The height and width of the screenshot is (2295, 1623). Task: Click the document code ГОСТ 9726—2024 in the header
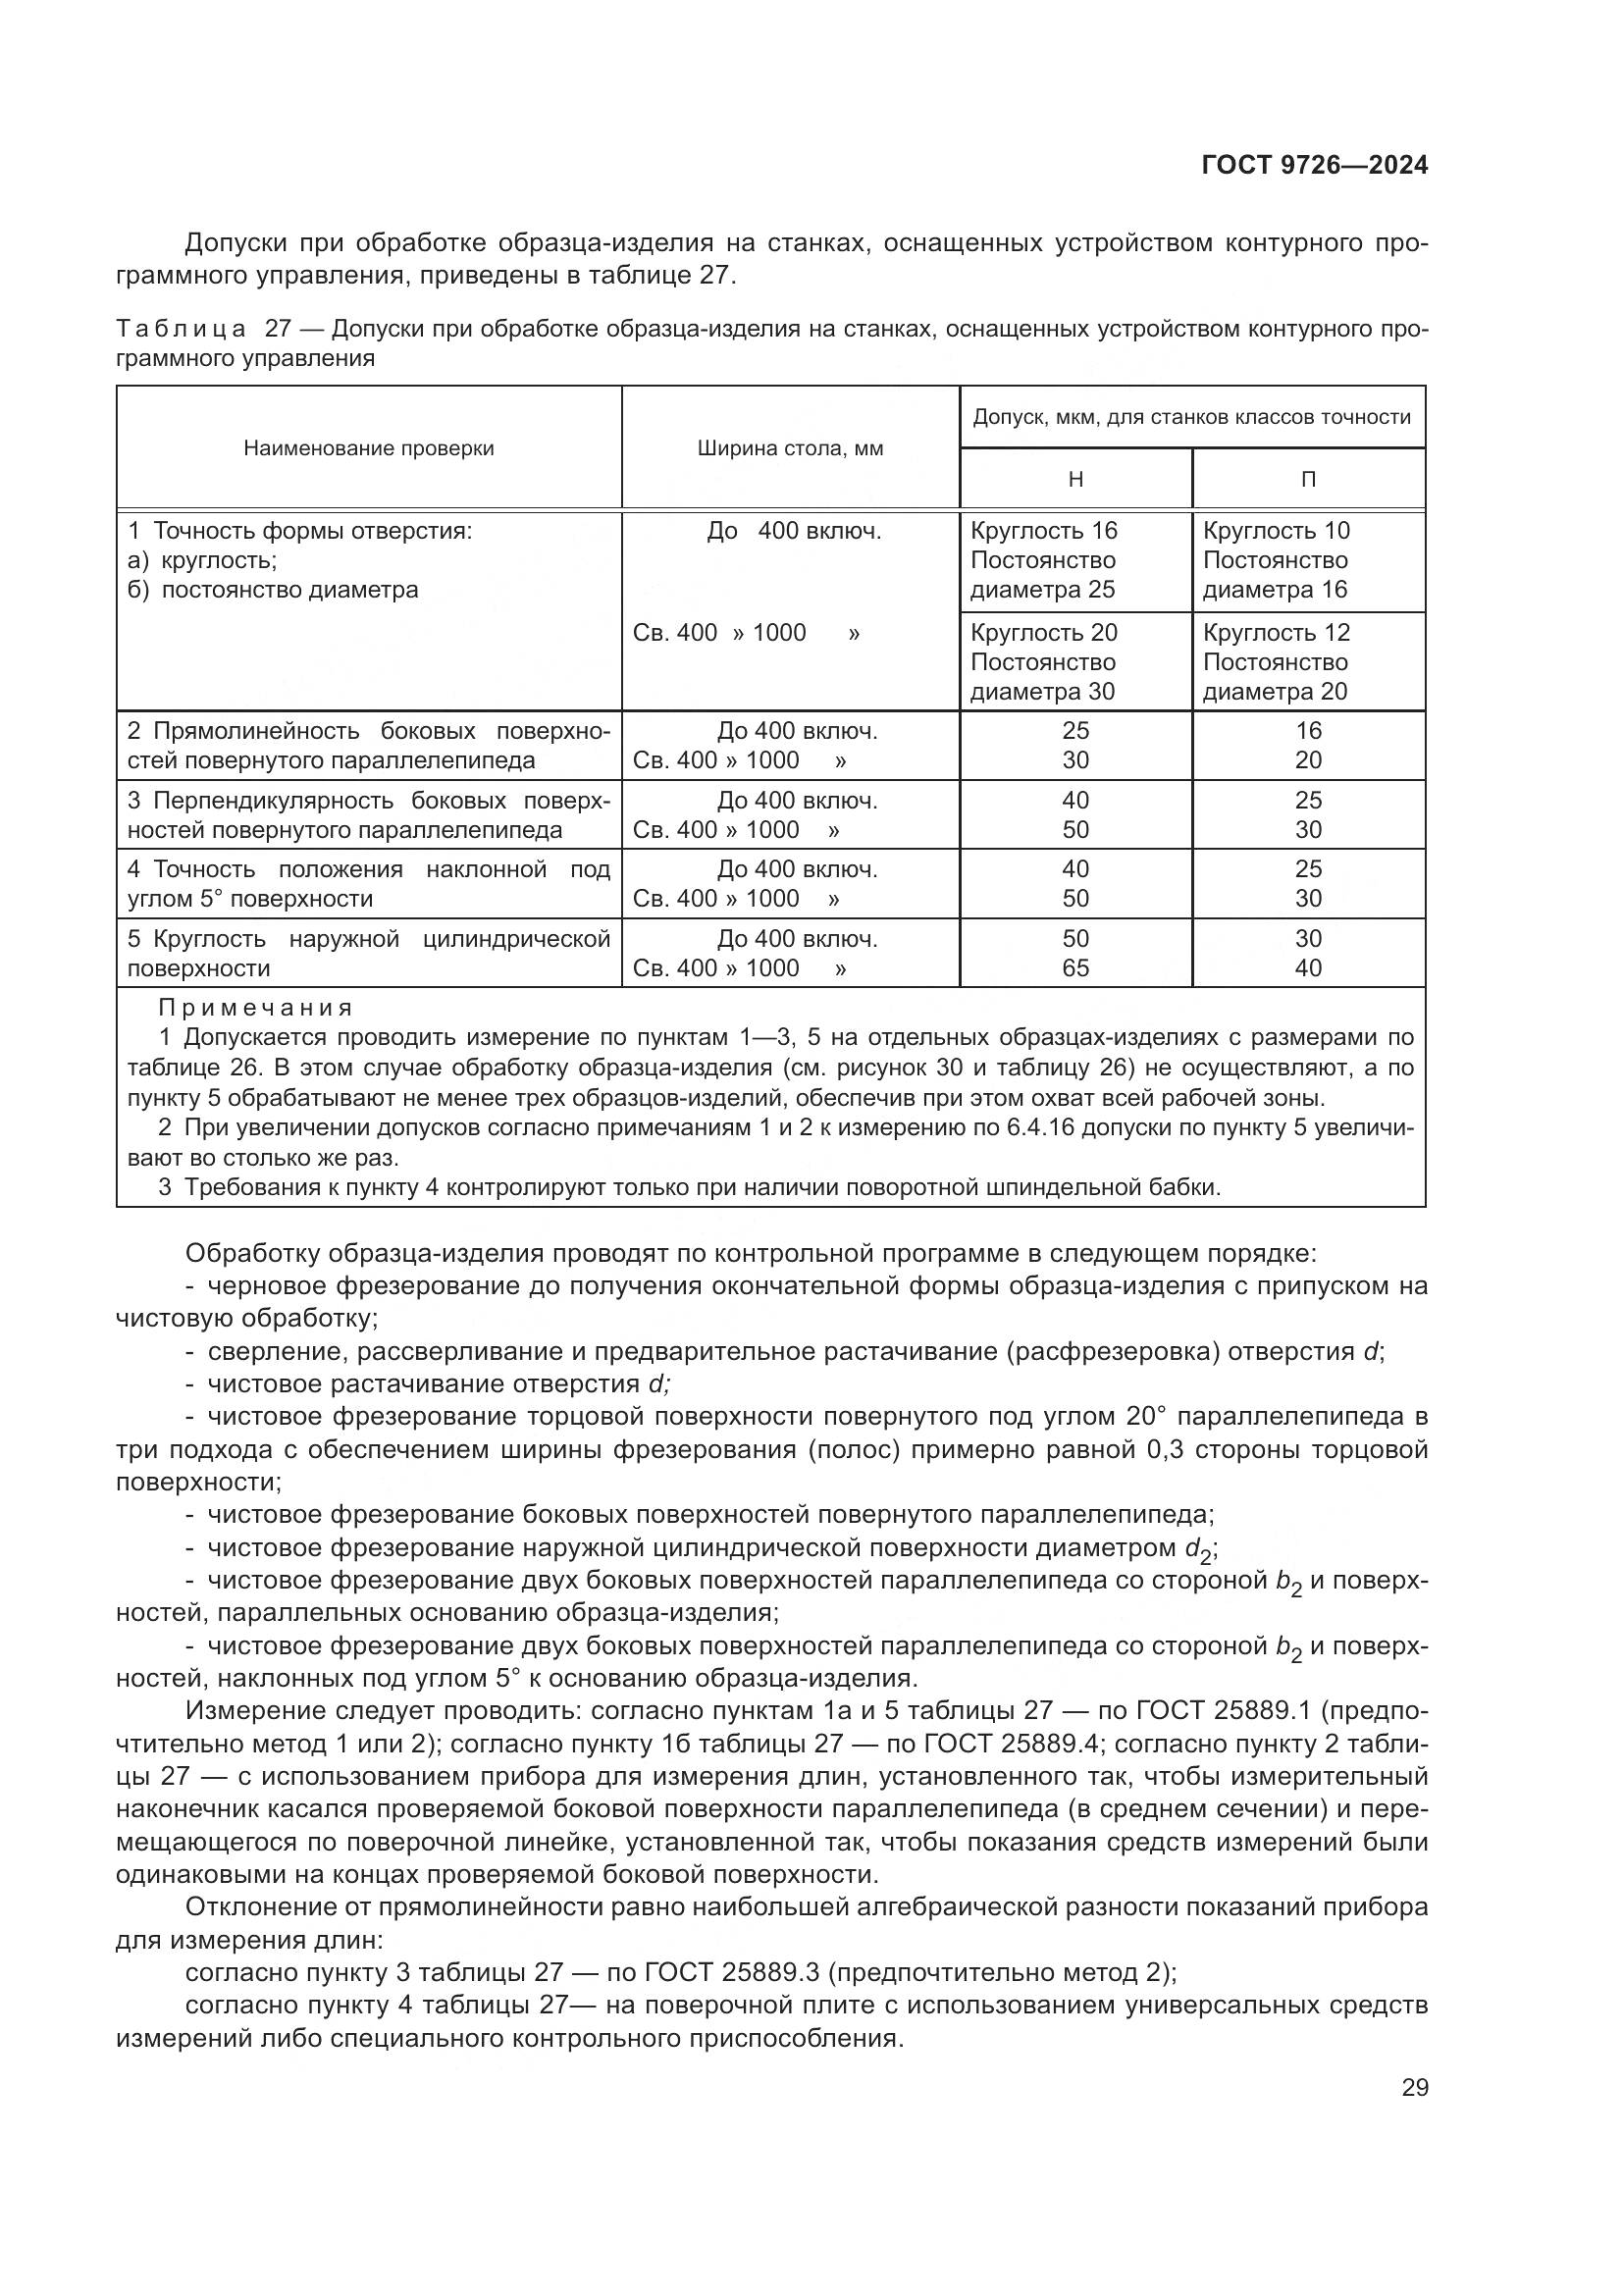[x=1314, y=165]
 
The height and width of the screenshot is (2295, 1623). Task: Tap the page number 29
[x=1414, y=2087]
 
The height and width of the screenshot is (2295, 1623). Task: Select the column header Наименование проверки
[x=369, y=448]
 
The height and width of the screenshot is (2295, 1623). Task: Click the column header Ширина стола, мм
[x=790, y=448]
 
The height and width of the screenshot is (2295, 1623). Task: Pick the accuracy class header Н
[x=1075, y=480]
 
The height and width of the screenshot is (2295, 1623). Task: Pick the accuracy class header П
[x=1308, y=480]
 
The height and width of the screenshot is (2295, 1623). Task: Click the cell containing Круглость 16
[x=1044, y=531]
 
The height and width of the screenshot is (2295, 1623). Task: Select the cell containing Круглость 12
[x=1277, y=633]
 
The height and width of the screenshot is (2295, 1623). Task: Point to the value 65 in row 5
[x=1075, y=967]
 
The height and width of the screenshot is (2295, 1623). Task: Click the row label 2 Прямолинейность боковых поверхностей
[x=369, y=746]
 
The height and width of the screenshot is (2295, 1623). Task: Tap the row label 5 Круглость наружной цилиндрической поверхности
[x=369, y=954]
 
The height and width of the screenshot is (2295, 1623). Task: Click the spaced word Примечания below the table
[x=256, y=1008]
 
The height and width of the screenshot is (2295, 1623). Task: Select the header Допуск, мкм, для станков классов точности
[x=1191, y=417]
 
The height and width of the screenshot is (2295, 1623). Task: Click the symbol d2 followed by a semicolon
[x=1198, y=1550]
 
